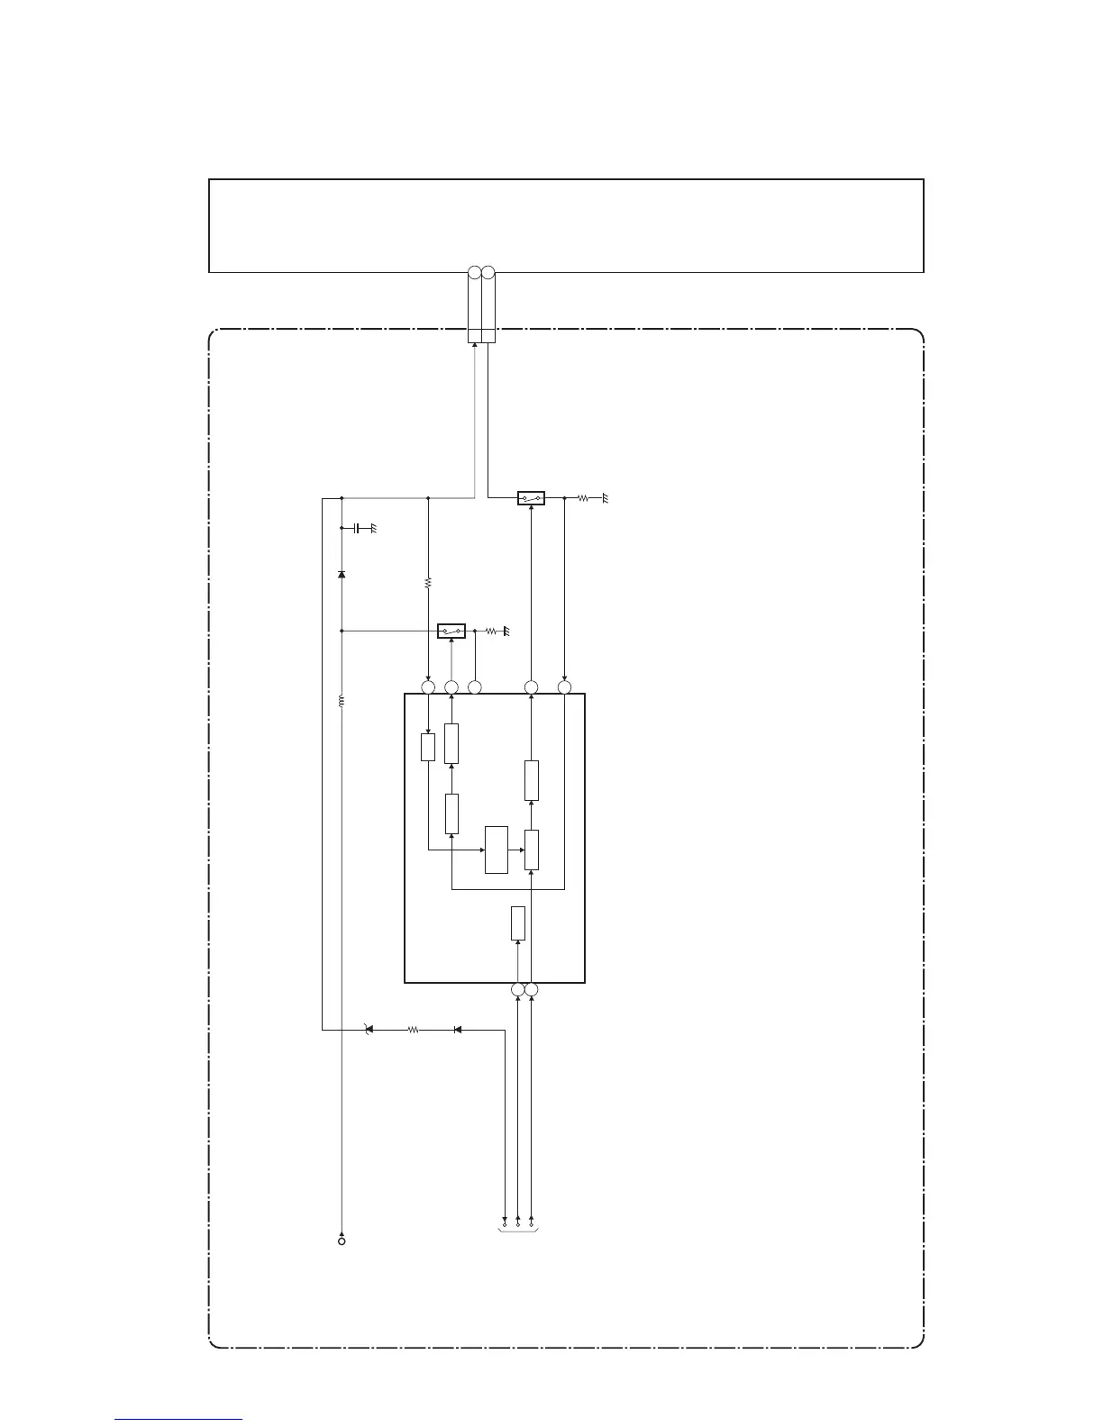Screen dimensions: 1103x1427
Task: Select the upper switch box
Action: (531, 497)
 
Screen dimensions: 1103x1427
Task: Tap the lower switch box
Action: (451, 631)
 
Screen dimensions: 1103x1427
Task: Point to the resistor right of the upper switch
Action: (583, 497)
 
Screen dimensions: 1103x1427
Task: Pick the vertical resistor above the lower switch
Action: (428, 583)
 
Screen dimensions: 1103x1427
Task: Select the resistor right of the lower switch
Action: (491, 632)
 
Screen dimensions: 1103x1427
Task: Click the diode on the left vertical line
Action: (342, 574)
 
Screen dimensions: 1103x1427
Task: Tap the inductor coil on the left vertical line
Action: (342, 700)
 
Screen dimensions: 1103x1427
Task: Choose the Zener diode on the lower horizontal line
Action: (367, 1029)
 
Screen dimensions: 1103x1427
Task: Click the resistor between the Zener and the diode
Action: (414, 1029)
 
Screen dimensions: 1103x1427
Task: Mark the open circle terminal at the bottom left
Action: (342, 1241)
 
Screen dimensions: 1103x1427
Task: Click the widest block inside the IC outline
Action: (497, 849)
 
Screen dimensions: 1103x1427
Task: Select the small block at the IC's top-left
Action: (428, 747)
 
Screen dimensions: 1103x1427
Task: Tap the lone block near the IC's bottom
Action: (517, 923)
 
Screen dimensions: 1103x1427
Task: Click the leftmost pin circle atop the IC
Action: (428, 687)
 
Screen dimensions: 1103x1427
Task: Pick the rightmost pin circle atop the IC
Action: (565, 687)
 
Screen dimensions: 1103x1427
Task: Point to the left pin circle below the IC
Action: (517, 990)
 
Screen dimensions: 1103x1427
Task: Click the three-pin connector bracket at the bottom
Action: (518, 1226)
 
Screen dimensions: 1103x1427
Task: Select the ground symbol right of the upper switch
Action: (606, 498)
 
